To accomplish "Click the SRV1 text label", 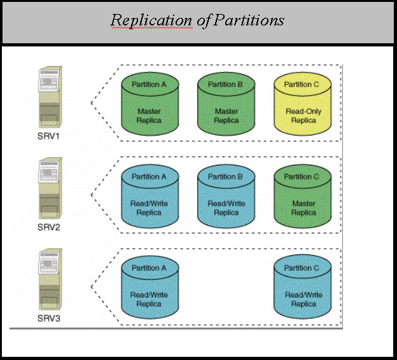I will coord(48,136).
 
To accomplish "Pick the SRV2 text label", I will coord(48,227).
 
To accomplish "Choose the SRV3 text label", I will coord(48,317).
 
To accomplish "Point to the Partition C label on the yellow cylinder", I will coord(303,84).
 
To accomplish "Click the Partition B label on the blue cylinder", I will coord(226,176).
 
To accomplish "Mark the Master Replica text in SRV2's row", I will coord(303,208).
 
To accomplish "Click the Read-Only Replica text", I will coord(303,116).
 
